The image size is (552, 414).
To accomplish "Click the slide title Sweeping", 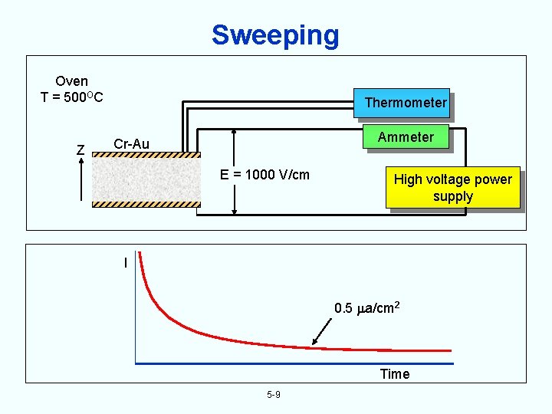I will pos(275,34).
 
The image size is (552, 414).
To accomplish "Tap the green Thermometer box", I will pos(405,103).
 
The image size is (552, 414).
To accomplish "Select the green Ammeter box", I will pos(405,137).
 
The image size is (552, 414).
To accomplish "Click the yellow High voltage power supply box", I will pos(452,188).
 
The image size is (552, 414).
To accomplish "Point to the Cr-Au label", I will pos(131,144).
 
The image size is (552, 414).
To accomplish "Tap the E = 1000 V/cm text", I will pos(265,174).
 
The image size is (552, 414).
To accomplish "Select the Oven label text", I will pos(72,80).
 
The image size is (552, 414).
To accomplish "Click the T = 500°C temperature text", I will pos(72,97).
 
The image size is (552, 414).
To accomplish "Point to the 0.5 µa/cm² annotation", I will pos(367,308).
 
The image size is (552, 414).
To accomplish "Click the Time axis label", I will pos(395,374).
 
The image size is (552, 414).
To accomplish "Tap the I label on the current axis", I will pos(125,263).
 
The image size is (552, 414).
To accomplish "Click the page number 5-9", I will pos(274,395).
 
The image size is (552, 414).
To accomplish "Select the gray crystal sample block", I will pos(146,179).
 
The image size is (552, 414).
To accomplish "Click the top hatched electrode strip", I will pos(146,154).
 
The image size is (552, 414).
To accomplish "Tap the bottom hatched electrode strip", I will pos(146,204).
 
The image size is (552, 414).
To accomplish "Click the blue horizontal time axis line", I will pos(294,363).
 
